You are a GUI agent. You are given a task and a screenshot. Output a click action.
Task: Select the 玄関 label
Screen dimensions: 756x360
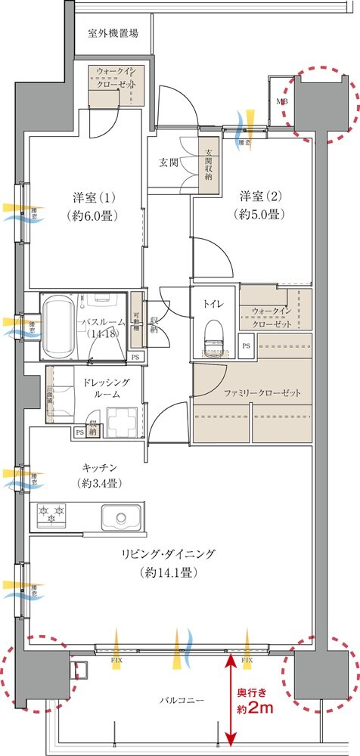[169, 162]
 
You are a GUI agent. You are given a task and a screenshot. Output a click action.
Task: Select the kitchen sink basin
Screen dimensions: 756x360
[121, 518]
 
